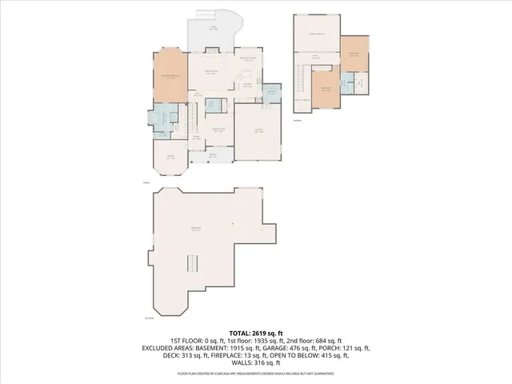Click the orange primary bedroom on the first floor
(170, 77)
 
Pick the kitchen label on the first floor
(247, 85)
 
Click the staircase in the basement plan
(191, 263)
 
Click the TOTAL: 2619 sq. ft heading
(255, 332)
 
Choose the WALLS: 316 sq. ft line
(255, 365)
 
